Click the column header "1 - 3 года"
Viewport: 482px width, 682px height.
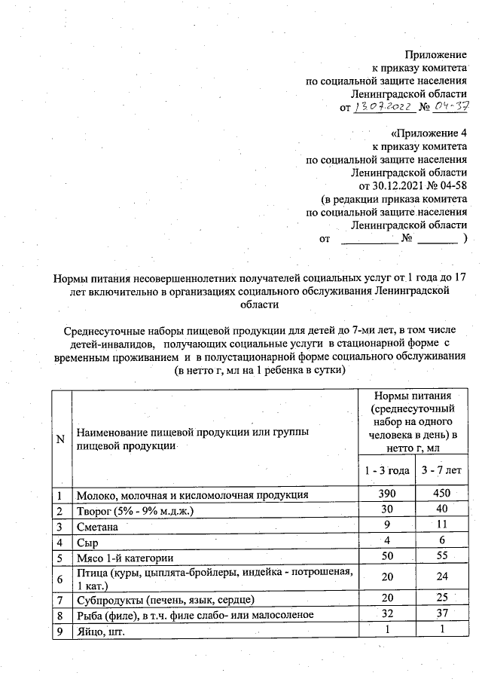[x=387, y=471]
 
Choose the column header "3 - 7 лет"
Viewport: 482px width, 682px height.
[x=441, y=471]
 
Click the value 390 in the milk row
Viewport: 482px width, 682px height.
[x=386, y=495]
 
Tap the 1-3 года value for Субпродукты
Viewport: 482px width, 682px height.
[x=386, y=600]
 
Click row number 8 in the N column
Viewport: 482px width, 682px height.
[x=59, y=616]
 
